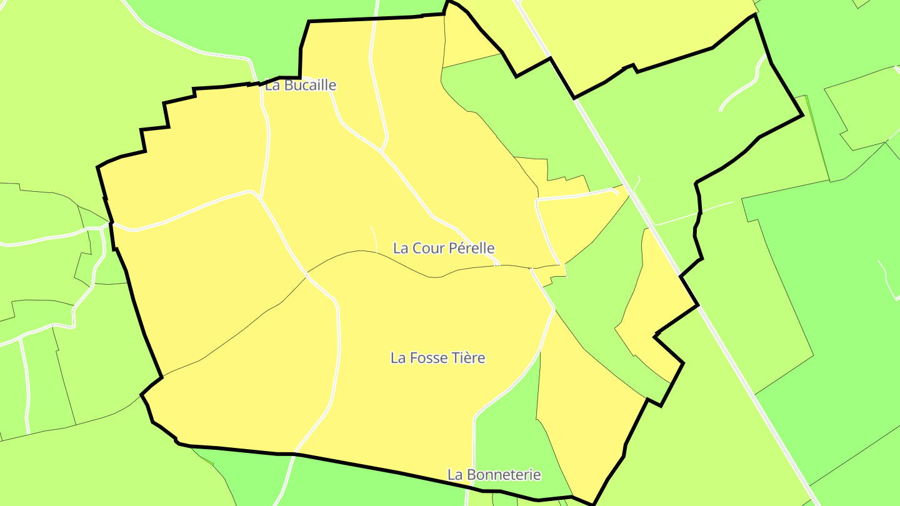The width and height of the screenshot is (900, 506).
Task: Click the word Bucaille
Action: tap(310, 86)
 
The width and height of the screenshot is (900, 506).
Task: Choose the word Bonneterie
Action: tap(502, 475)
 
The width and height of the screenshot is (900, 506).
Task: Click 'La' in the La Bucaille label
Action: tap(272, 86)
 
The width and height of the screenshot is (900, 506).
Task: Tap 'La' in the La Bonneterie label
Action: tap(454, 475)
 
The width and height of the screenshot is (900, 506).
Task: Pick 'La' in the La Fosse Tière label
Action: tap(397, 358)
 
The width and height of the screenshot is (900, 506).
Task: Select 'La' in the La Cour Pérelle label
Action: tap(400, 248)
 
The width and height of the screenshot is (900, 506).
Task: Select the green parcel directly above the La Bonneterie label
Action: tap(506, 431)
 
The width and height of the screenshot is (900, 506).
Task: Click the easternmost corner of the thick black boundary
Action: tap(802, 115)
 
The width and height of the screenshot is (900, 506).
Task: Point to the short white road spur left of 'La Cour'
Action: tap(374, 239)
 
